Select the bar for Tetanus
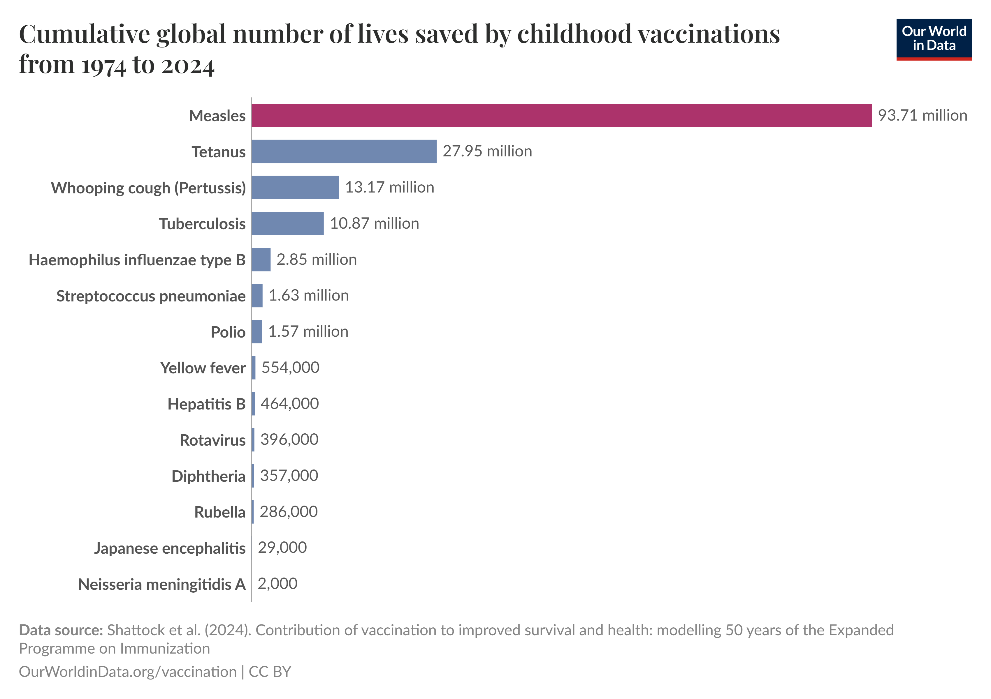tap(344, 151)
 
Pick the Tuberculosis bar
tap(287, 223)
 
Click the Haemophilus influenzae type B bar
tap(261, 260)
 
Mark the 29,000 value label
tap(282, 548)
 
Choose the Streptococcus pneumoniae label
tap(151, 296)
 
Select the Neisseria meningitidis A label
tap(161, 584)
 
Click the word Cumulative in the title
tap(84, 34)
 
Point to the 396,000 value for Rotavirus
tap(289, 439)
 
